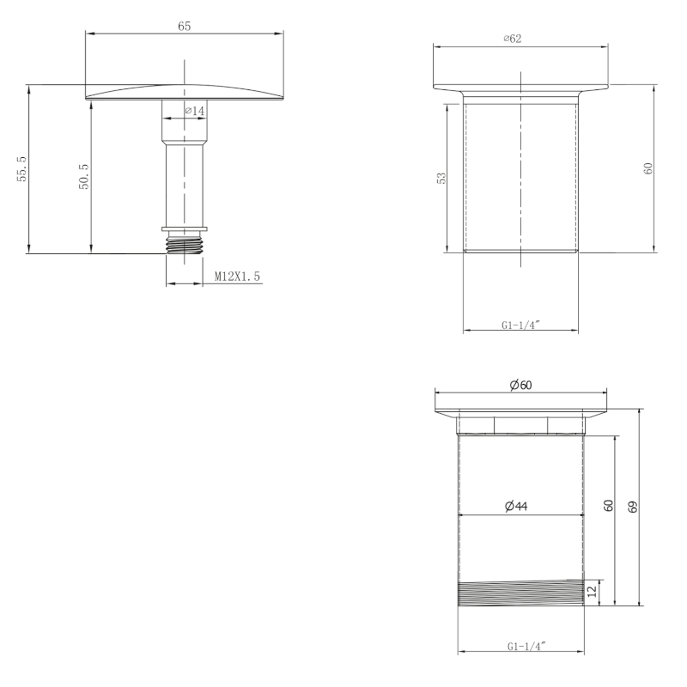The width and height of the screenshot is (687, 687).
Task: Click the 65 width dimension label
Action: tap(185, 27)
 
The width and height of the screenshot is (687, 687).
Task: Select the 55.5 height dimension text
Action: tap(22, 168)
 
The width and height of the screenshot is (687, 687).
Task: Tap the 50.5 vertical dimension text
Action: tap(83, 177)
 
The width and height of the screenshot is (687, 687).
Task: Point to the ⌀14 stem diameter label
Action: tap(195, 111)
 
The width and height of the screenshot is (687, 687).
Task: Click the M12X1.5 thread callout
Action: tap(237, 277)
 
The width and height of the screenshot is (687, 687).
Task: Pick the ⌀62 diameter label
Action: tap(513, 39)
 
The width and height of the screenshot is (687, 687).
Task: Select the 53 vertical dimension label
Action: tap(441, 178)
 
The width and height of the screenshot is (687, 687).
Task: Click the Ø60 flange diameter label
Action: tap(521, 385)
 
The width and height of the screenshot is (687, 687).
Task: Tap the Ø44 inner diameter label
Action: tap(516, 506)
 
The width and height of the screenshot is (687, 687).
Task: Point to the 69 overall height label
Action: tap(633, 507)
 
